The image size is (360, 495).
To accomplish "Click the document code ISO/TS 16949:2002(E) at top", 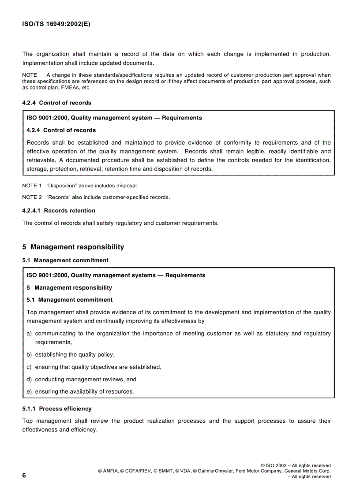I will click(x=56, y=25).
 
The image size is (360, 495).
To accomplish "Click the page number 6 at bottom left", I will click(x=24, y=475).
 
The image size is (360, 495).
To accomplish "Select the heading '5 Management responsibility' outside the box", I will click(x=73, y=247).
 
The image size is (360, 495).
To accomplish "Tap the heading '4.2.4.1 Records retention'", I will click(x=59, y=211).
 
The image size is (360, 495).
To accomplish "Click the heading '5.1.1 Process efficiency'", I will click(x=57, y=409).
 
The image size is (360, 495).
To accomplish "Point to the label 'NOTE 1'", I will click(x=32, y=186).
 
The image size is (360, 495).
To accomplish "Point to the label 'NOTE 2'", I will click(x=32, y=197).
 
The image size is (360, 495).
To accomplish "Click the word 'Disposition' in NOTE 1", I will click(x=62, y=186).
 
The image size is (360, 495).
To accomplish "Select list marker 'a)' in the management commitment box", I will click(x=29, y=334).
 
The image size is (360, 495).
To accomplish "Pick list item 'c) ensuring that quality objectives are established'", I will click(x=94, y=367).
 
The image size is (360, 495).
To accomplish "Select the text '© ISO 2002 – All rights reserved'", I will click(x=296, y=465).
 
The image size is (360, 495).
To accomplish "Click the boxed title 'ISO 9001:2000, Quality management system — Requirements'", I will click(x=114, y=118).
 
